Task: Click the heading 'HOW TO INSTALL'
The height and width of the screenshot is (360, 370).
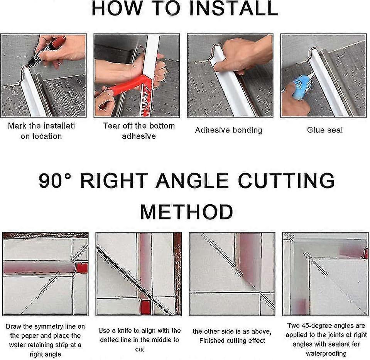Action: [185, 8]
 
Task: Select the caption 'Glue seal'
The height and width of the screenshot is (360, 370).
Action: [324, 130]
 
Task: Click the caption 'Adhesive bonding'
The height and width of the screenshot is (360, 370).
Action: [228, 130]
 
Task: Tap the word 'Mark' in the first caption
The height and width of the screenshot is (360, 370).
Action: [17, 126]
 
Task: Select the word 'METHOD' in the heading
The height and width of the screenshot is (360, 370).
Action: [186, 212]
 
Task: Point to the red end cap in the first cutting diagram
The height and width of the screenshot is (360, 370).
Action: [82, 267]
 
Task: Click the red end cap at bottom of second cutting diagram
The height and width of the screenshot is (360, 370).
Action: [145, 307]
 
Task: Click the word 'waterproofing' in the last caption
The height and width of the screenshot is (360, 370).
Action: [326, 353]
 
